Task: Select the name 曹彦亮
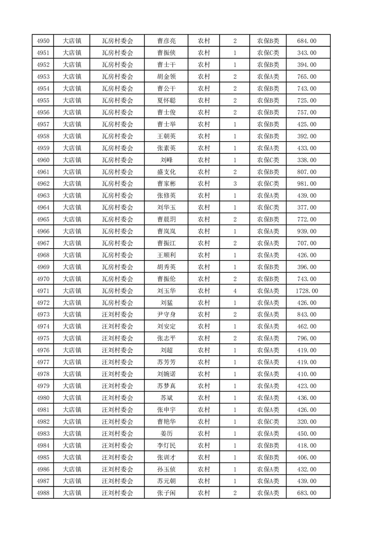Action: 166,41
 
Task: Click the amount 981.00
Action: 306,184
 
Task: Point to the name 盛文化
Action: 166,172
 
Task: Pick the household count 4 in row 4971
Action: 235,291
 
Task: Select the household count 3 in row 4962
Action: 235,184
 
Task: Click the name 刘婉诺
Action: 166,374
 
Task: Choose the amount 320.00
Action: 306,422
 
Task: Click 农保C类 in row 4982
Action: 268,422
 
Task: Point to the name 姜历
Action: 166,433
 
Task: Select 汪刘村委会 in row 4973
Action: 117,315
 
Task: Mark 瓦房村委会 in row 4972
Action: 117,303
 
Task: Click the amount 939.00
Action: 306,231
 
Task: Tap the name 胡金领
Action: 166,77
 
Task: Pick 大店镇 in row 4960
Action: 72,160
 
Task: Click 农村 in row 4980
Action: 204,398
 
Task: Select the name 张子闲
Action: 166,493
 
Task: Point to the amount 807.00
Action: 306,172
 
